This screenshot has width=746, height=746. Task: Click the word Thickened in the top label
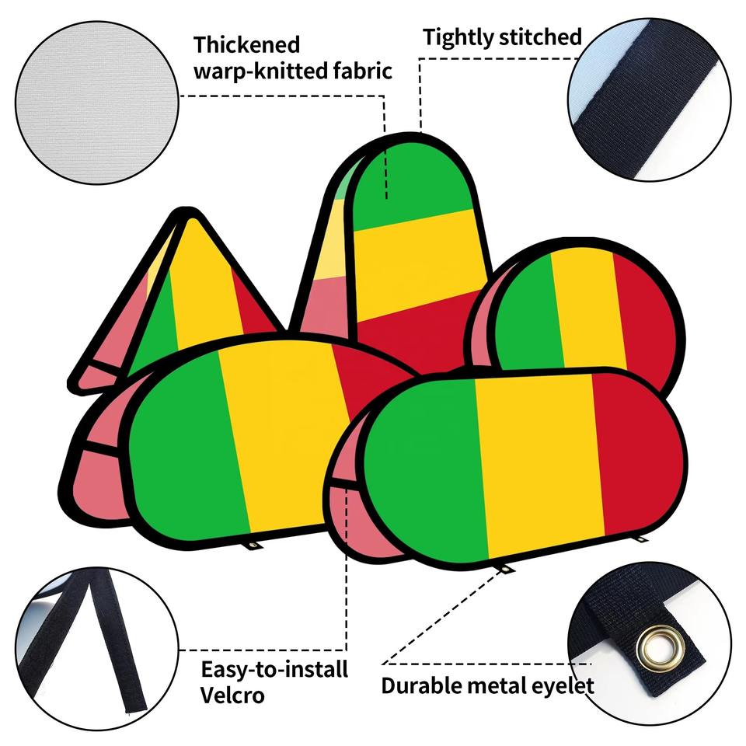246,44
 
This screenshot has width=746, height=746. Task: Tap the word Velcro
232,695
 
